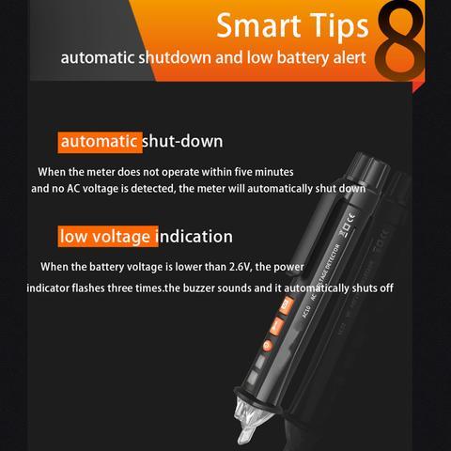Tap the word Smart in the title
[x=258, y=26]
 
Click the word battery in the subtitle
[x=303, y=58]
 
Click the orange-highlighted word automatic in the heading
[x=99, y=141]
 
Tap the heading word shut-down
[x=182, y=141]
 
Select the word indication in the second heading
[x=196, y=236]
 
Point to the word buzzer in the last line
[x=199, y=288]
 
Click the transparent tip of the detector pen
[x=251, y=420]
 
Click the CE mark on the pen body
[x=351, y=217]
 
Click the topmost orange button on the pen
[x=287, y=305]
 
